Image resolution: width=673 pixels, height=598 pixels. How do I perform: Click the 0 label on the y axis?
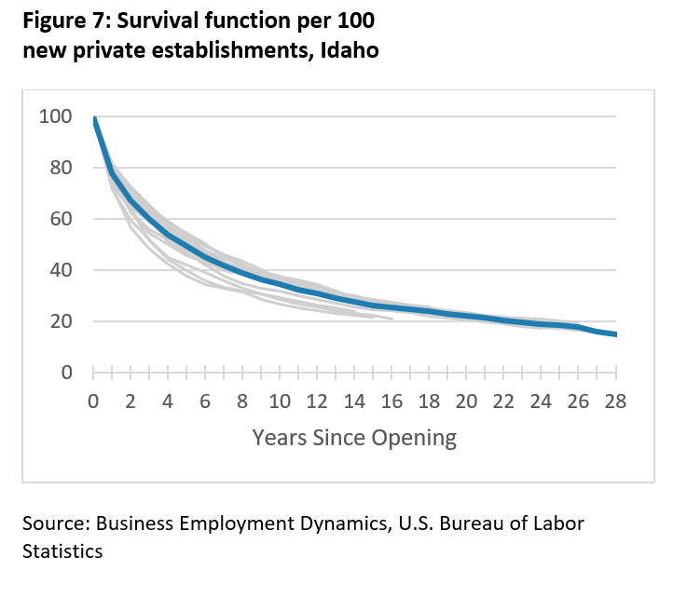coord(65,373)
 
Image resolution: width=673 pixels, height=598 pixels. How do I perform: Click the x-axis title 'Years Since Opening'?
coord(354,437)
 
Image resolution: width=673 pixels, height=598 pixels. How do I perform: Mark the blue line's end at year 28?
coord(615,334)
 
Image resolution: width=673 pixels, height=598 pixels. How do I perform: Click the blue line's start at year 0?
coord(94,119)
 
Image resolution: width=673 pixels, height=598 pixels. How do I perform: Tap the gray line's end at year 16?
coord(391,319)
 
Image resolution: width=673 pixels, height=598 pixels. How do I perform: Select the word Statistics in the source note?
coord(62,550)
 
